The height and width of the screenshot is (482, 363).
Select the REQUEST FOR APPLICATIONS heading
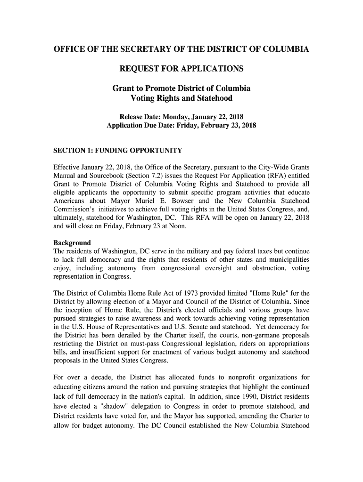(181, 69)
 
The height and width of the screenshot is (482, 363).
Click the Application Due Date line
(181, 126)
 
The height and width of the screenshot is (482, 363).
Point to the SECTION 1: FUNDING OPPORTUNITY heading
(117, 150)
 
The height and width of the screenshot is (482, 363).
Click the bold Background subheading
(72, 243)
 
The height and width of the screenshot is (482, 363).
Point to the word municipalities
(285, 260)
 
